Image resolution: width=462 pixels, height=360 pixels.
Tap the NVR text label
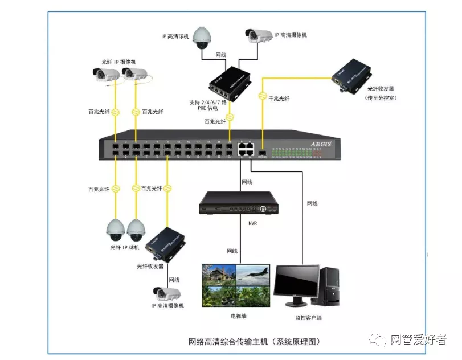[253, 223]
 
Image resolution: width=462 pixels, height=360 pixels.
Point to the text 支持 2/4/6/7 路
[208, 103]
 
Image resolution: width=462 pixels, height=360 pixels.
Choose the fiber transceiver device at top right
[351, 72]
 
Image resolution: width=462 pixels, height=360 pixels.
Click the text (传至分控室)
[381, 98]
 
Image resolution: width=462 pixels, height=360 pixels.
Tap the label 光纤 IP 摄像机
[118, 62]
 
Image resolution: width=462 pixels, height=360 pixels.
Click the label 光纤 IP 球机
[124, 248]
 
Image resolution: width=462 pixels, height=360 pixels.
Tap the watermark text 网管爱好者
[418, 340]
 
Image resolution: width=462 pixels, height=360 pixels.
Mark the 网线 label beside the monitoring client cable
[312, 203]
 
